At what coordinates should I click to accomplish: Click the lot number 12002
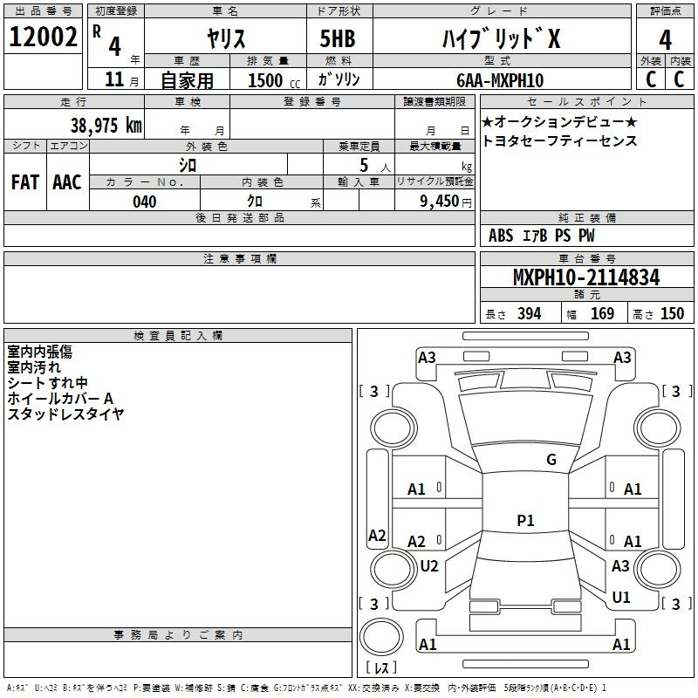click(x=43, y=37)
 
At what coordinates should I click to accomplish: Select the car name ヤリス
click(x=226, y=38)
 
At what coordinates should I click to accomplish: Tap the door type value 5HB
click(x=338, y=38)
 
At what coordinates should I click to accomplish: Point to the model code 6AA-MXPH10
click(x=500, y=80)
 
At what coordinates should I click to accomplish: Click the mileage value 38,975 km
click(x=106, y=125)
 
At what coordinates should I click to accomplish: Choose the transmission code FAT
click(x=25, y=182)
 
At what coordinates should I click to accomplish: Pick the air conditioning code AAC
click(x=67, y=182)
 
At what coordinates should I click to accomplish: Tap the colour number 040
click(x=145, y=202)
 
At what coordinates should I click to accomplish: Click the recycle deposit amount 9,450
click(x=440, y=202)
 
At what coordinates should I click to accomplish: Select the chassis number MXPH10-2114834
click(x=586, y=277)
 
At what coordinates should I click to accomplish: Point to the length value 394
click(x=530, y=313)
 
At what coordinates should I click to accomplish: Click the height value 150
click(x=672, y=313)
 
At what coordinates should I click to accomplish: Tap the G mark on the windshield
click(x=551, y=460)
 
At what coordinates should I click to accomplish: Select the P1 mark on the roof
click(x=525, y=520)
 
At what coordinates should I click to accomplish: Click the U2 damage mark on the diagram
click(x=429, y=565)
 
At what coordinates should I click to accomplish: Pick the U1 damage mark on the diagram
click(x=621, y=597)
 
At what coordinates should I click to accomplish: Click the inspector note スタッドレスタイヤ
click(x=65, y=414)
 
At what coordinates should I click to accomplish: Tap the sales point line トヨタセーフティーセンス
click(x=559, y=140)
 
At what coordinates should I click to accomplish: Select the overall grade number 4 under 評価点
click(x=665, y=39)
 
